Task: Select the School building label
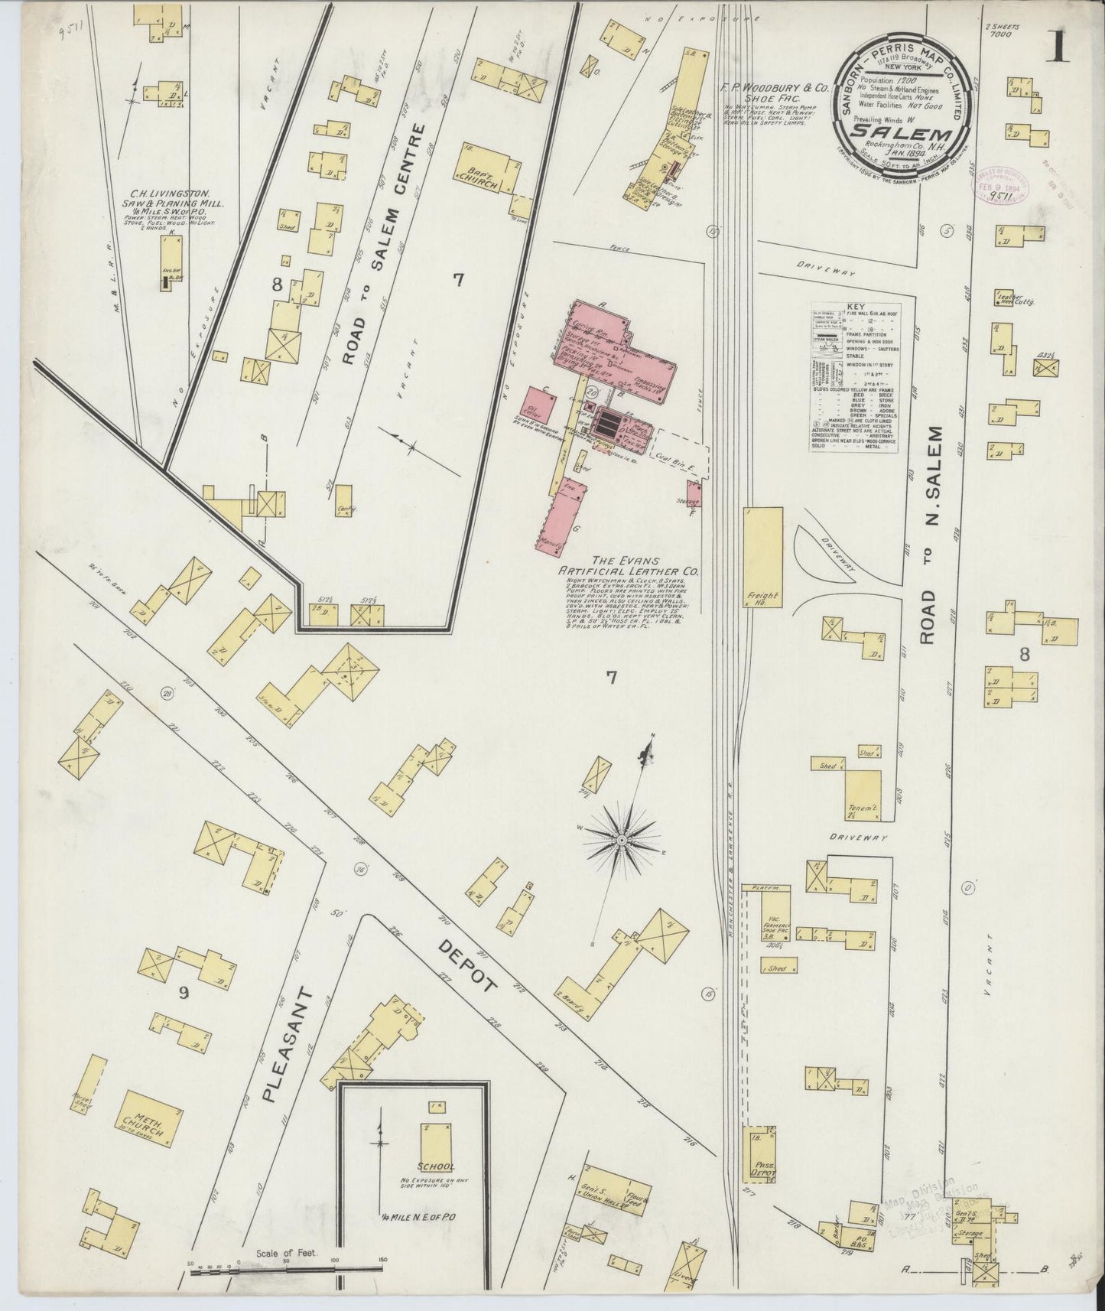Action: click(437, 1189)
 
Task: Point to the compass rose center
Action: click(622, 840)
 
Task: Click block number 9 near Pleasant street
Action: click(183, 994)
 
